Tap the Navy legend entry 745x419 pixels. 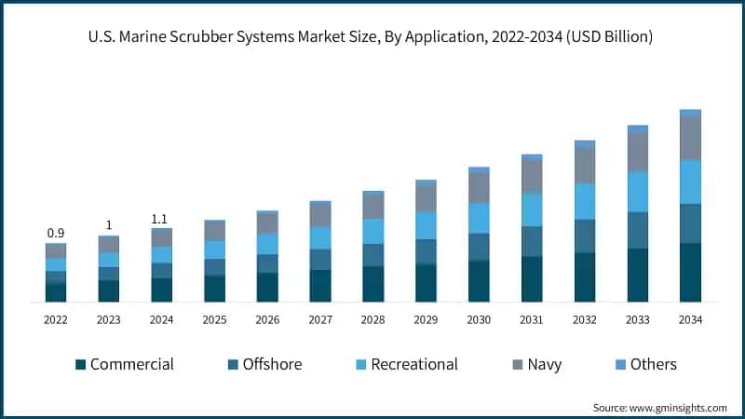(544, 364)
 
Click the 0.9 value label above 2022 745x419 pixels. (56, 233)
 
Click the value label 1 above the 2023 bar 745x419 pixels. (109, 225)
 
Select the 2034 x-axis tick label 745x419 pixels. (690, 319)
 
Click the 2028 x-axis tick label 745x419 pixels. (373, 319)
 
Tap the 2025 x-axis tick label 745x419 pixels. (214, 319)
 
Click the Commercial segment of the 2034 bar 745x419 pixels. (690, 272)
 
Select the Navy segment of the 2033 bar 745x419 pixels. (637, 152)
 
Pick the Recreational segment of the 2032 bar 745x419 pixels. (585, 201)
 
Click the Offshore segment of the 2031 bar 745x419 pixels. (532, 241)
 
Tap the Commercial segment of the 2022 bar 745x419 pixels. (56, 292)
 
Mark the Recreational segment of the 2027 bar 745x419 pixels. (320, 238)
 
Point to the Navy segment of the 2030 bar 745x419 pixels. (479, 188)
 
